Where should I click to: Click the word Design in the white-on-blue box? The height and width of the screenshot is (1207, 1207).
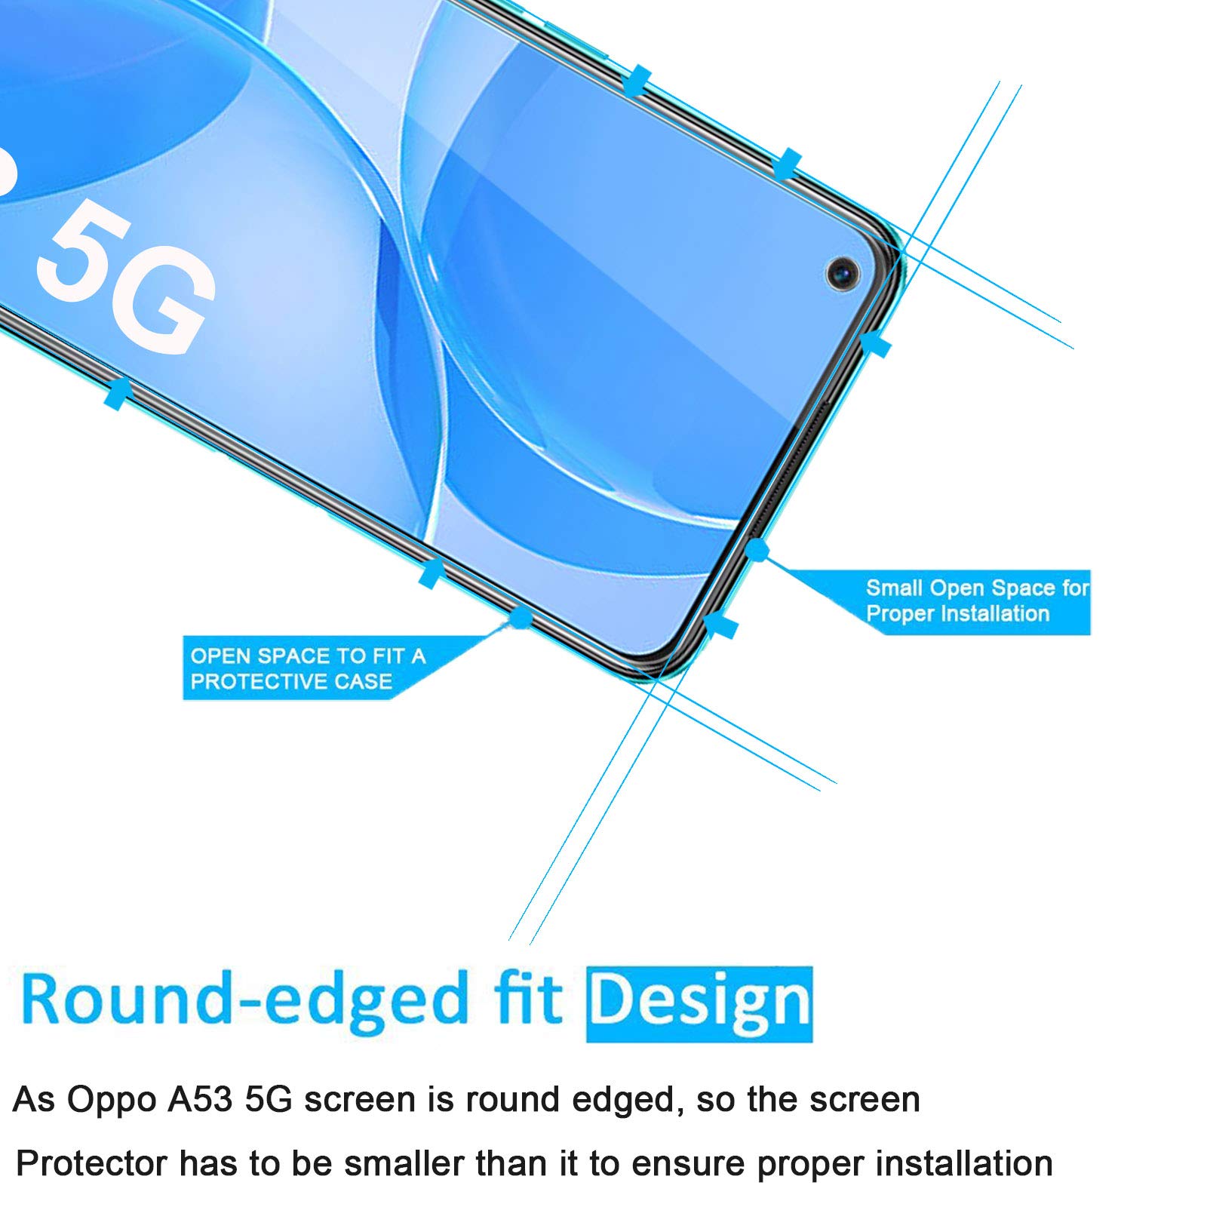699,1004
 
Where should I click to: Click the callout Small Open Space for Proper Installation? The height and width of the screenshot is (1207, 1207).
978,601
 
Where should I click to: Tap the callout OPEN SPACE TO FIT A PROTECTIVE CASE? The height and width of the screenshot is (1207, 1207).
308,668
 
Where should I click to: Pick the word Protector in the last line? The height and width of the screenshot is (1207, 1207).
91,1163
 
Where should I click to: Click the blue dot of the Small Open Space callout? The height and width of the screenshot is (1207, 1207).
757,550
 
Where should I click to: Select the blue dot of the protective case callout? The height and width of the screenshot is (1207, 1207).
520,617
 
